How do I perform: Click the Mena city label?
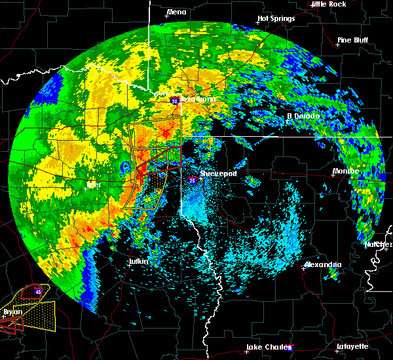click(x=177, y=12)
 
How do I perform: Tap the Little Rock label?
click(x=328, y=4)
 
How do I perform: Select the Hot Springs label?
click(x=276, y=18)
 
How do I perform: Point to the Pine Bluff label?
click(x=352, y=40)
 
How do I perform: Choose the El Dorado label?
click(x=303, y=117)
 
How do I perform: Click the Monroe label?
click(x=345, y=171)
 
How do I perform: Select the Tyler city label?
click(x=94, y=185)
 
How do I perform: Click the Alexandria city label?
click(x=323, y=265)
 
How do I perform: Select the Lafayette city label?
click(x=352, y=346)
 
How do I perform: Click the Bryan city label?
click(x=12, y=312)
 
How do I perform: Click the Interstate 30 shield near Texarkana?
click(x=174, y=101)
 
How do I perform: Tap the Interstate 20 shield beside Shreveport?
click(x=192, y=180)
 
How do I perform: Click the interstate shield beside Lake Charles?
click(x=290, y=348)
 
